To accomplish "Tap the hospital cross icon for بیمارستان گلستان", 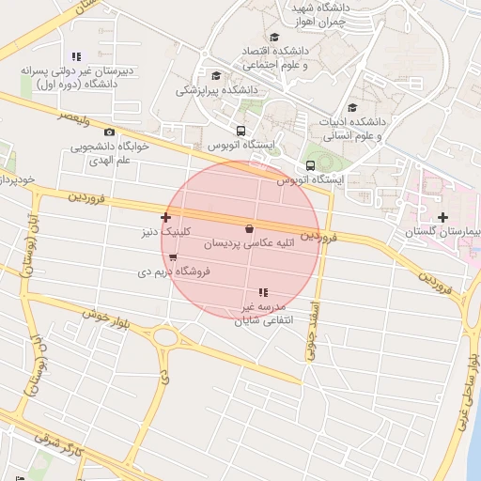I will point(442,217).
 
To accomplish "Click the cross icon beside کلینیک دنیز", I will point(166,217).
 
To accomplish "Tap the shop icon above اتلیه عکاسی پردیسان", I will point(249,228).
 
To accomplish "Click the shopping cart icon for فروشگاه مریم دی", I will point(173,257).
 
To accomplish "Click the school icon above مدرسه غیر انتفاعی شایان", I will point(263,293).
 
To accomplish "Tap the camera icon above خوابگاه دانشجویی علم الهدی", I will point(110,132).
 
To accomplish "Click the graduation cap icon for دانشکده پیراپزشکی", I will point(216,76).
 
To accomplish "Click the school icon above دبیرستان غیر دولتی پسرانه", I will point(76,56).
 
